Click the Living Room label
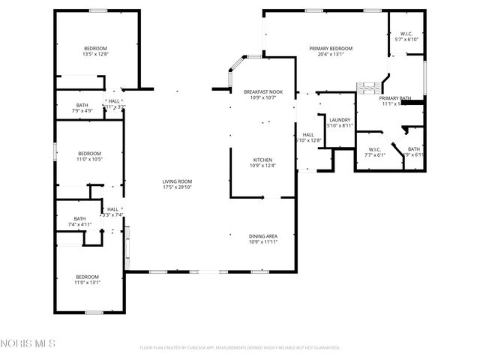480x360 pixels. click(x=178, y=181)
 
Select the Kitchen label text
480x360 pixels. click(x=262, y=160)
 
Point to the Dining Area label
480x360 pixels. click(x=262, y=236)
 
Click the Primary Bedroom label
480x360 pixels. click(x=331, y=48)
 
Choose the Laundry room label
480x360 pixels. click(x=340, y=120)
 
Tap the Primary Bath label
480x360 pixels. click(x=394, y=98)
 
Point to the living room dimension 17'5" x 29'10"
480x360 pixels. click(x=178, y=187)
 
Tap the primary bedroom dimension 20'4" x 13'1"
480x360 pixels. click(x=331, y=54)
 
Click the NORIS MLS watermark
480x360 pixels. click(x=28, y=343)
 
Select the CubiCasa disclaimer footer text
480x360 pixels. click(x=240, y=348)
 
